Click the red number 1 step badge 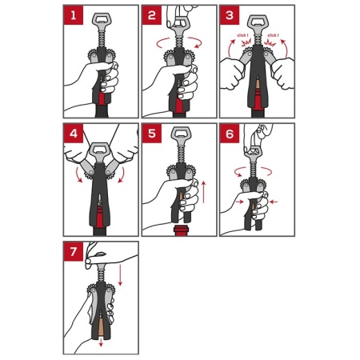[74, 15]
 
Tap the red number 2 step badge [151, 15]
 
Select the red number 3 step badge [230, 15]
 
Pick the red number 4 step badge [74, 134]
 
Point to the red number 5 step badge [151, 134]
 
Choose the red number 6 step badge [230, 134]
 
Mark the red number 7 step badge [74, 251]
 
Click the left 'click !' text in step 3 [243, 35]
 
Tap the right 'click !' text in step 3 [273, 35]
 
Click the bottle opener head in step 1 [100, 20]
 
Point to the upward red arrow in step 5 [204, 192]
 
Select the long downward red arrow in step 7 [120, 274]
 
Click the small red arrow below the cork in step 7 [101, 342]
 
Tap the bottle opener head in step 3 [257, 22]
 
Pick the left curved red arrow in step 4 [78, 175]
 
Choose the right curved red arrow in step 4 [122, 175]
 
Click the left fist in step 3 [233, 73]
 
